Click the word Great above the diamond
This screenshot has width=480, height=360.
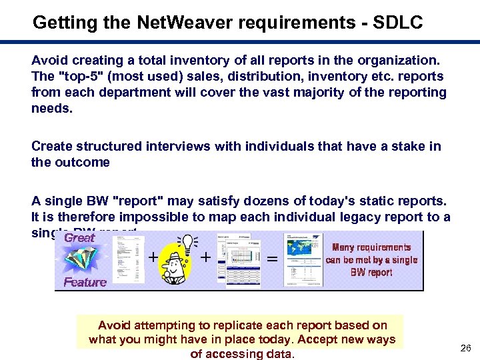(x=79, y=238)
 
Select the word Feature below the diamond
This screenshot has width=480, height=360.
(x=85, y=283)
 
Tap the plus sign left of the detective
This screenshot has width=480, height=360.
(x=153, y=256)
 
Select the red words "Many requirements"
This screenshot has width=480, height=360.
(x=371, y=247)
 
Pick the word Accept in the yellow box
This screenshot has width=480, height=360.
(x=320, y=339)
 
